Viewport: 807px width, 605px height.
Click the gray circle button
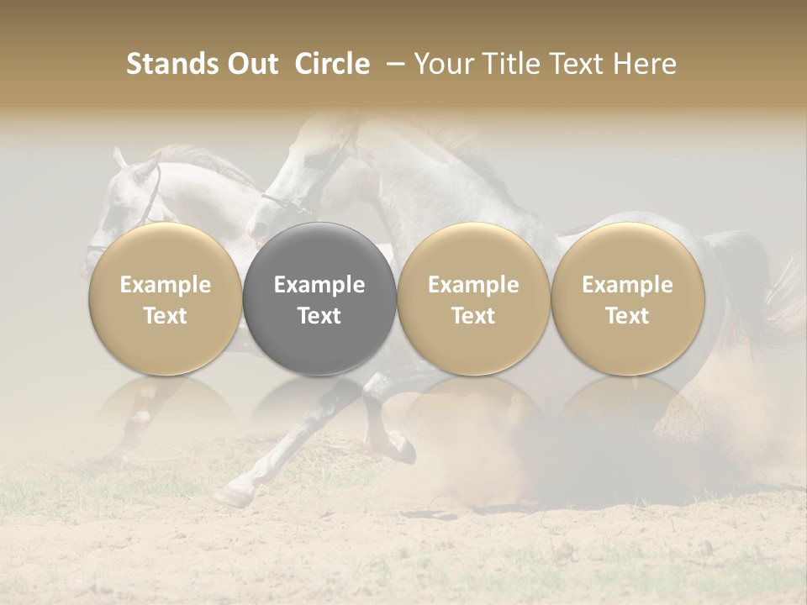(x=319, y=298)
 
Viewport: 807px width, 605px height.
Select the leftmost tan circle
(x=166, y=298)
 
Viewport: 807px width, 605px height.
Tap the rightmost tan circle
(x=627, y=298)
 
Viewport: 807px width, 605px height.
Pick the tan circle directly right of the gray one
(x=473, y=298)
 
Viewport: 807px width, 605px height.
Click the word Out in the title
(x=250, y=64)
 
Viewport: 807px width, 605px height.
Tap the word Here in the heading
(x=645, y=64)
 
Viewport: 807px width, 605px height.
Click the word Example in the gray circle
(x=319, y=285)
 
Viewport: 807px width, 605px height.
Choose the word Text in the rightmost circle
(x=627, y=316)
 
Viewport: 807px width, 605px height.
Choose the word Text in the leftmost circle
(x=166, y=316)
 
